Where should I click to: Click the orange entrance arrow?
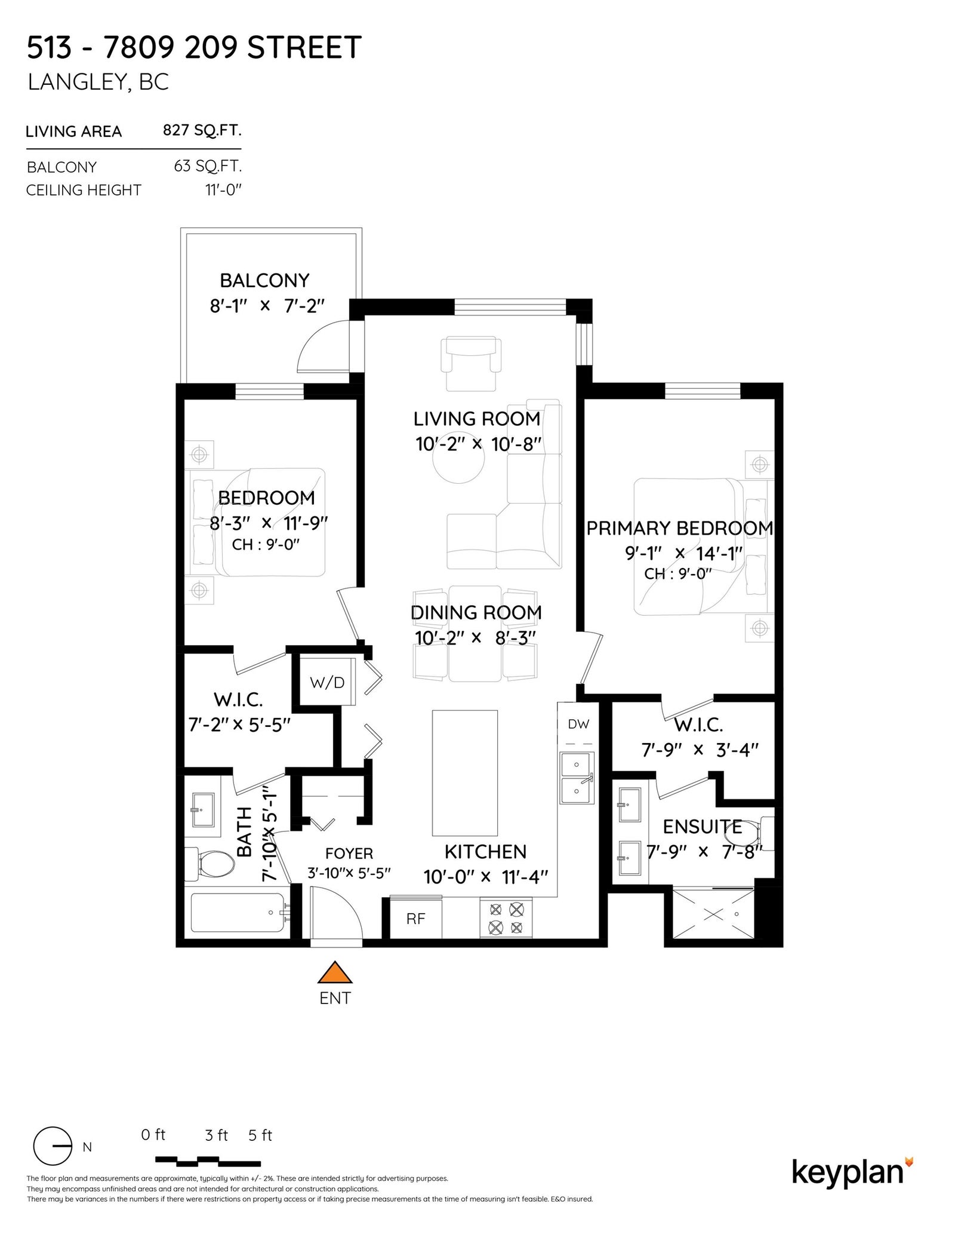pos(335,972)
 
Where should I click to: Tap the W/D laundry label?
pos(327,682)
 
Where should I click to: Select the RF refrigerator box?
pos(415,919)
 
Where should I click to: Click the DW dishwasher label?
pos(578,724)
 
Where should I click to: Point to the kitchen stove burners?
pos(506,919)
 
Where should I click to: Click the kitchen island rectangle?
pos(465,772)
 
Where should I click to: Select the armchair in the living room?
pos(471,363)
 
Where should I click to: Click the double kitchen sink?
pos(577,778)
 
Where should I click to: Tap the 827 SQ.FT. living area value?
pos(202,130)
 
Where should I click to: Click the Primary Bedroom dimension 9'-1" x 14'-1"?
pos(683,553)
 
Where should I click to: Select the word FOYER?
pos(349,854)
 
